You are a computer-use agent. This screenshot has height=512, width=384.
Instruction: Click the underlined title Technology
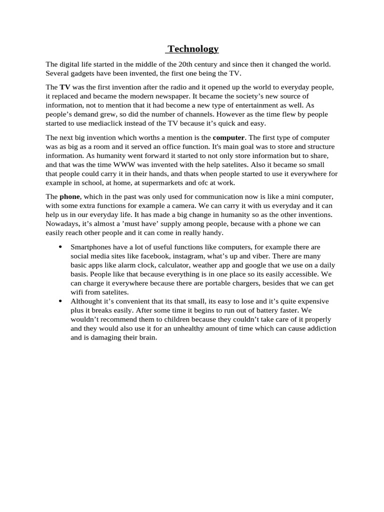[x=193, y=49]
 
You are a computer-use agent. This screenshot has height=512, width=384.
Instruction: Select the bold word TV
[x=65, y=87]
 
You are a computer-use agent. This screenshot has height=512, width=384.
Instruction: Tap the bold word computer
[x=229, y=137]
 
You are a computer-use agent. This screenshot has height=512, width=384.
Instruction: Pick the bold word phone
[x=69, y=196]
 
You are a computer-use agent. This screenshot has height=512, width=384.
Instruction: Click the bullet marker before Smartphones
[x=60, y=247]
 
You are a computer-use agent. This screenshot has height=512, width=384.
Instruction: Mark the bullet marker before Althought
[x=60, y=301]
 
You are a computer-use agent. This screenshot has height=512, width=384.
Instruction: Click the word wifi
[x=77, y=292]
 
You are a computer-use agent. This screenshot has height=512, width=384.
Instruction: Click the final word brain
[x=147, y=337]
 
